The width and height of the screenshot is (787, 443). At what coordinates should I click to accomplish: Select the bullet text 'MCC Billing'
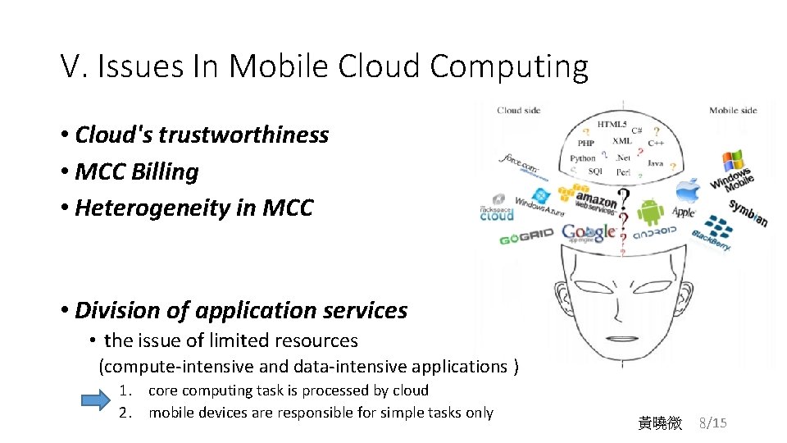136,171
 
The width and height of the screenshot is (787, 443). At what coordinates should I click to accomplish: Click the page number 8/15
712,423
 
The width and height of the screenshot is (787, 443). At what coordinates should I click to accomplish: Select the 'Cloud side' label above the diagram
518,111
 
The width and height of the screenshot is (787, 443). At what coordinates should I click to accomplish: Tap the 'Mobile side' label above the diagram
732,111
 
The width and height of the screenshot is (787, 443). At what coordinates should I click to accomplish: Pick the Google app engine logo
589,233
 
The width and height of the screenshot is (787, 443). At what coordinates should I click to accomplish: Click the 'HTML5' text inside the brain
611,125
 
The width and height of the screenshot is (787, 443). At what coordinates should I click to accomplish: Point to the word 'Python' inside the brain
583,158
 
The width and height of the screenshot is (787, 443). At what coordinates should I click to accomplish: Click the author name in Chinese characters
660,423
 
